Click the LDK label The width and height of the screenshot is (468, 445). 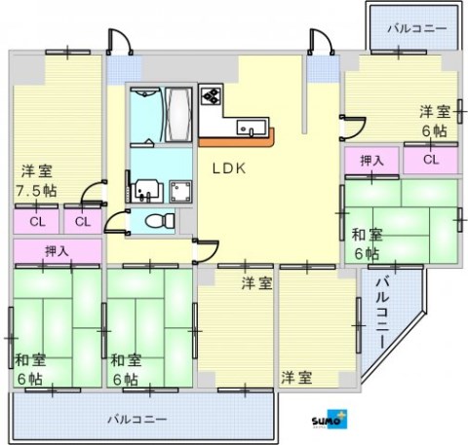pyautogui.click(x=230, y=167)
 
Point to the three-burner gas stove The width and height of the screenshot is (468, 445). pyautogui.click(x=213, y=96)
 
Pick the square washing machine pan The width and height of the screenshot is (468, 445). pyautogui.click(x=179, y=189)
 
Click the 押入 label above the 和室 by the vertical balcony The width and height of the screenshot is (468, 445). pyautogui.click(x=370, y=160)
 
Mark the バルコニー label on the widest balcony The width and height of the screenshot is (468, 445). pyautogui.click(x=136, y=420)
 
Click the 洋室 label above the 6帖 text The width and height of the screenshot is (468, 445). pyautogui.click(x=434, y=111)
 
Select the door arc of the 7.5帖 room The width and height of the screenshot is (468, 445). pyautogui.click(x=94, y=192)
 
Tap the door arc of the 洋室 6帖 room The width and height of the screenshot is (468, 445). pyautogui.click(x=353, y=125)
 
